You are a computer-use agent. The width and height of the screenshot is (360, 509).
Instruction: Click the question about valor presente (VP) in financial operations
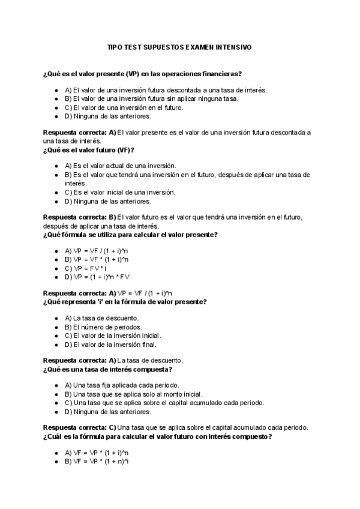pos(143,74)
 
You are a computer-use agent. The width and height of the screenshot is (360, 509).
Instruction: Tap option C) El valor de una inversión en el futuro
pos(124,107)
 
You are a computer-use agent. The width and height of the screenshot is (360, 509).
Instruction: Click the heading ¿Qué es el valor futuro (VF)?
pos(89,149)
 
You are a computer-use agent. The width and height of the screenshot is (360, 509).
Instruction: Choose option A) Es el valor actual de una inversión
pos(120,165)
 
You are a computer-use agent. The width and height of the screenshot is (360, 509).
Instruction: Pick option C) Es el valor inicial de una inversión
pos(120,192)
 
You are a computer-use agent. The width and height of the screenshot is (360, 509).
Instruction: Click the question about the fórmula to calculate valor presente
pos(131,235)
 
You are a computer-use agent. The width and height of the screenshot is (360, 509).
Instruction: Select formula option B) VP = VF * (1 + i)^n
pos(97,259)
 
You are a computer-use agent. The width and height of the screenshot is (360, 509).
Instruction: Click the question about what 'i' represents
pos(125,302)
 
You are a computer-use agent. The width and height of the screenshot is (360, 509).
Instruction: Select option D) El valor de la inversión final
pos(110,345)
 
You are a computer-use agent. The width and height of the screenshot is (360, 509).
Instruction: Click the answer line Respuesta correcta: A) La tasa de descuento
pos(113,360)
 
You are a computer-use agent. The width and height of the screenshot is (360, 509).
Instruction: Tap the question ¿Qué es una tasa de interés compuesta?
pos(108,369)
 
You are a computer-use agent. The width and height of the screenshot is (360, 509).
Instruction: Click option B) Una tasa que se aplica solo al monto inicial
pos(131,394)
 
